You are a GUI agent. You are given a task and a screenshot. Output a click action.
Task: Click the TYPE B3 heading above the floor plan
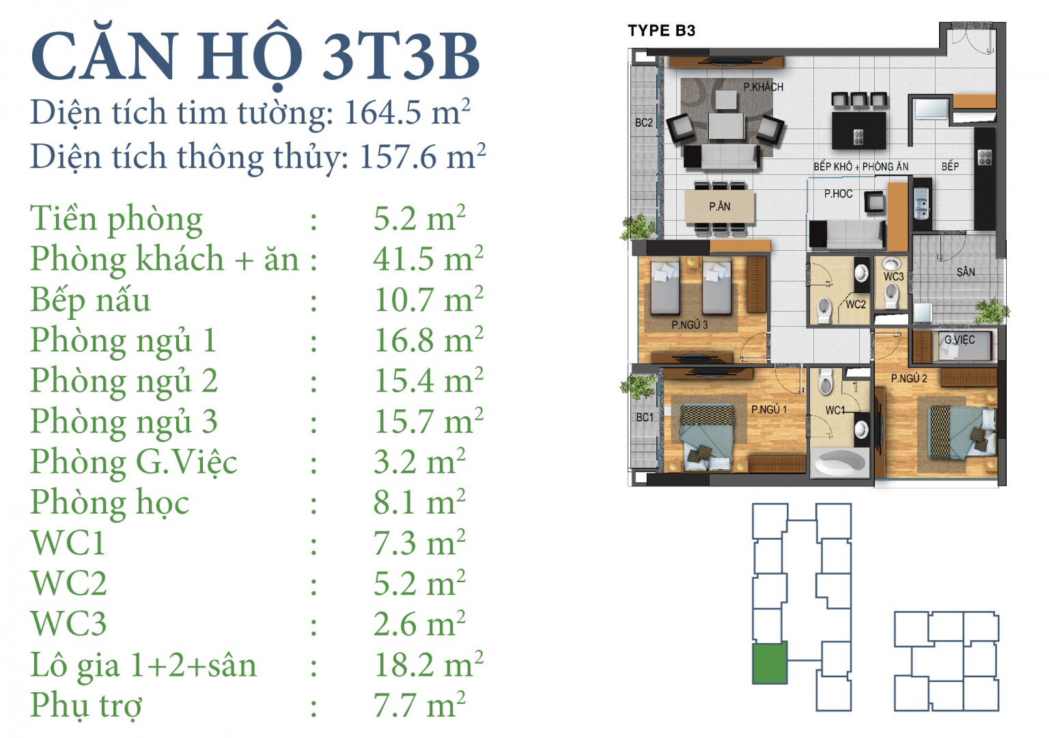(661, 31)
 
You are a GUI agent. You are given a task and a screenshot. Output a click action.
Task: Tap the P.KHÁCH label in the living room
(764, 87)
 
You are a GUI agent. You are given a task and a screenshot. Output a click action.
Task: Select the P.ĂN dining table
(720, 206)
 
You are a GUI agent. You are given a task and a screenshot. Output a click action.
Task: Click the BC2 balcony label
(643, 123)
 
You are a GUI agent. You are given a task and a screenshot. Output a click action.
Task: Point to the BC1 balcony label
(645, 417)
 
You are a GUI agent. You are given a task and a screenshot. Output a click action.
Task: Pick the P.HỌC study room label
(838, 193)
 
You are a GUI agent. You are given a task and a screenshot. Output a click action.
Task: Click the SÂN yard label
(966, 272)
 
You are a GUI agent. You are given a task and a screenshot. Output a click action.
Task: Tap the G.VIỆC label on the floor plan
(960, 340)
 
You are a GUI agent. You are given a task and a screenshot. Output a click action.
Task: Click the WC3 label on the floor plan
(893, 277)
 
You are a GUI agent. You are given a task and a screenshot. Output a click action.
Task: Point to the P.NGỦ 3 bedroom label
(689, 325)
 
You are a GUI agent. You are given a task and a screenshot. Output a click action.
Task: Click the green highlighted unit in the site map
(770, 664)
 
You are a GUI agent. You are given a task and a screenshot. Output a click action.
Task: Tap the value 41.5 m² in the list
(428, 259)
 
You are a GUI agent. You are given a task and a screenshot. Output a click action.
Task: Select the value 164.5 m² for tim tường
(407, 113)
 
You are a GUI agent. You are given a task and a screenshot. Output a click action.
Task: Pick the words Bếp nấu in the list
(90, 301)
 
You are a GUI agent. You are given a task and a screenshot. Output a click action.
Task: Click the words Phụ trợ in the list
(86, 706)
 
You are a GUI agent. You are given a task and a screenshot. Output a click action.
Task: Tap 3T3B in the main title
(401, 57)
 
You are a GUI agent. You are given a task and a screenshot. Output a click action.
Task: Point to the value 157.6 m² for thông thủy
(423, 156)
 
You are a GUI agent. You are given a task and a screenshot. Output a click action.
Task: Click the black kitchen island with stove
(859, 131)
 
